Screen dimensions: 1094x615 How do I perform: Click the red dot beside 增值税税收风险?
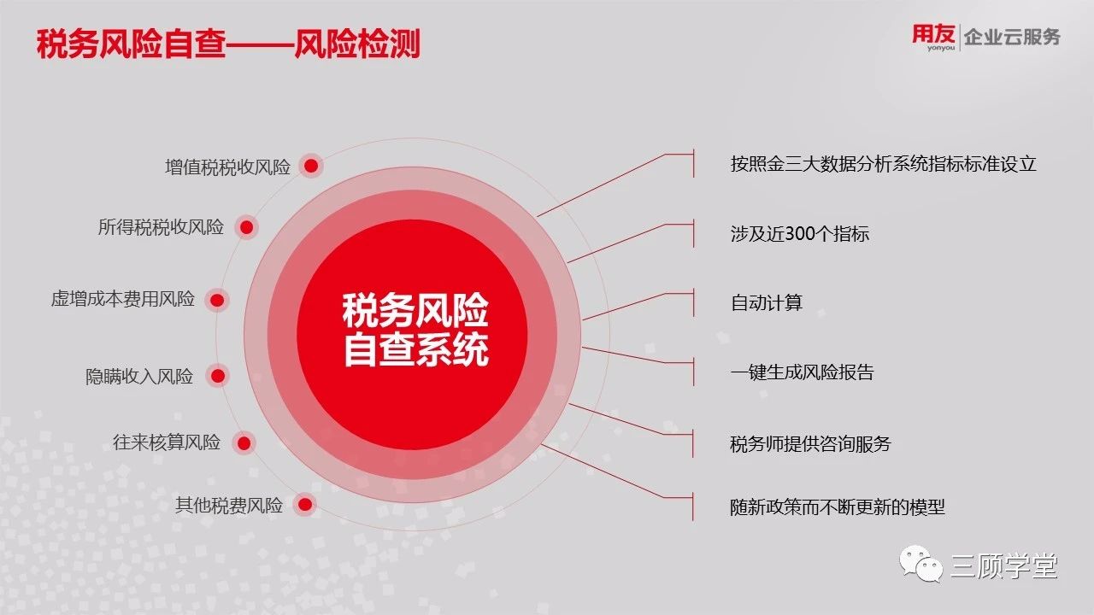point(311,166)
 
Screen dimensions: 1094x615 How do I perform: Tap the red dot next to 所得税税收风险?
point(247,227)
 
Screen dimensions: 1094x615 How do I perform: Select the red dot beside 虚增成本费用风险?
point(217,300)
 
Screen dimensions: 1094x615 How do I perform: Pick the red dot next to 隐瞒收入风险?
point(218,376)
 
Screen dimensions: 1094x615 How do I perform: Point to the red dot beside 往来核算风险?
point(244,443)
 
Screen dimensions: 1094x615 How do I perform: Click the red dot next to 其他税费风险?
point(305,505)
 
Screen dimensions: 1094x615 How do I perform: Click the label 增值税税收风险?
point(227,167)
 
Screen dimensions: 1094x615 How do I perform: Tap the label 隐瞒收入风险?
point(139,377)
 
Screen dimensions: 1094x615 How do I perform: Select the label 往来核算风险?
point(167,442)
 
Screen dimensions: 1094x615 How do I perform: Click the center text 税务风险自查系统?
point(415,330)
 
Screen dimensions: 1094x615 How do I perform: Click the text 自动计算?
point(767,302)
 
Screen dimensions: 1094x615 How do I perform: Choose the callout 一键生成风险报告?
point(802,372)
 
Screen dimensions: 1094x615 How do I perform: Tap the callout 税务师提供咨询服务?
point(810,443)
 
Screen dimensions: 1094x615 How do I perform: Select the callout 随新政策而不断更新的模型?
point(837,507)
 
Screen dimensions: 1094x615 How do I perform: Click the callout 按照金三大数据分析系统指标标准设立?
point(883,164)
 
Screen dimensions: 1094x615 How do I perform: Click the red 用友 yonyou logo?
point(933,37)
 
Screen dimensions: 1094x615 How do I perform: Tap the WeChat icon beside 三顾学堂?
point(921,565)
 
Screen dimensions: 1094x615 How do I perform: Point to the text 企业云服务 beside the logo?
point(1012,37)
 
